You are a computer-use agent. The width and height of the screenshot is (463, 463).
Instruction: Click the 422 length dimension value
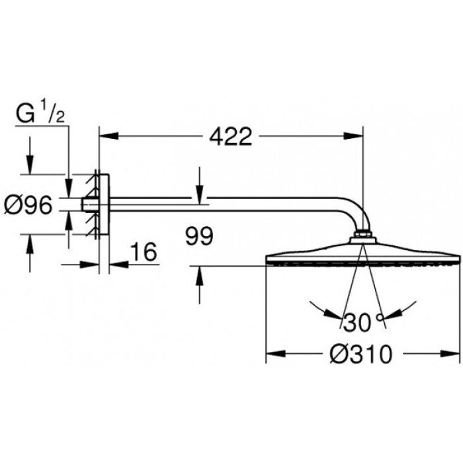231,137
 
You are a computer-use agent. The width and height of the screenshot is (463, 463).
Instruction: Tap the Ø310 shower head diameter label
361,355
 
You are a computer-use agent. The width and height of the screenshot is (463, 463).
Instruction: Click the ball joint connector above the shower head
363,235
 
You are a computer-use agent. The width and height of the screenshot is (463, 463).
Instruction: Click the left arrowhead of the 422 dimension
106,137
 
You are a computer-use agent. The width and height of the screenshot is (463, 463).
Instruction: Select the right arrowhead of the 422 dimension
357,137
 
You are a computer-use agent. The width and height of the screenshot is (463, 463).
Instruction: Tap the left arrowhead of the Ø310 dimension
273,355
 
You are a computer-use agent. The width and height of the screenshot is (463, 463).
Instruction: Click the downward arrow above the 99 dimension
199,192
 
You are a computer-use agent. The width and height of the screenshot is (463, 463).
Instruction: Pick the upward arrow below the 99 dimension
199,274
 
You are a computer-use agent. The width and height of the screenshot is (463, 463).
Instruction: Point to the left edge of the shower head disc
268,259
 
